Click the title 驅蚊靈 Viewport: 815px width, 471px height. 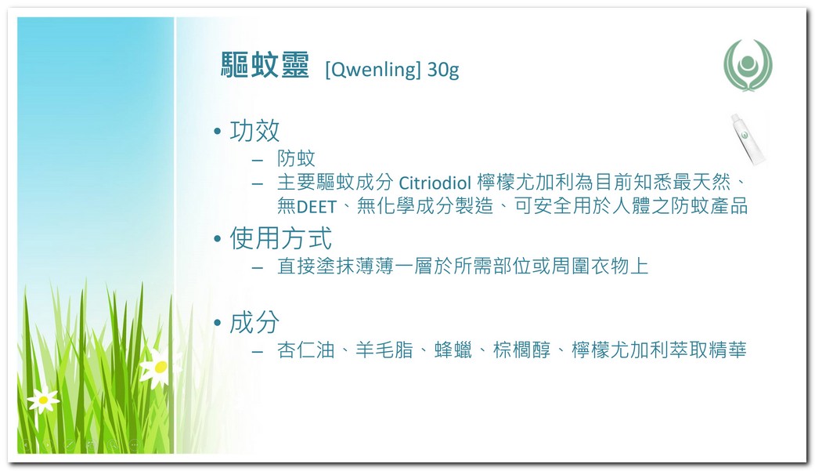[x=265, y=65]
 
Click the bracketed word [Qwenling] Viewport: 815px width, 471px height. [x=373, y=69]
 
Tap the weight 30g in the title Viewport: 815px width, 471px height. [x=443, y=70]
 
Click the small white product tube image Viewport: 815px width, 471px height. [x=748, y=139]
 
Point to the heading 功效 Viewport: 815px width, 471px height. [x=254, y=131]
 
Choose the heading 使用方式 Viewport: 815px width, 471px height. [x=281, y=238]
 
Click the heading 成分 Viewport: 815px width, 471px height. [x=254, y=322]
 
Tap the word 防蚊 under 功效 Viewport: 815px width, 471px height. [x=296, y=158]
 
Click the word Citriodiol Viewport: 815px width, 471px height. [x=435, y=183]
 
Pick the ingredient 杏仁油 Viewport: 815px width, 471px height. [x=306, y=350]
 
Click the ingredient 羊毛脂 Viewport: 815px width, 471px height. [x=384, y=350]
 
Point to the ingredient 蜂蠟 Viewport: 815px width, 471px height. [x=453, y=350]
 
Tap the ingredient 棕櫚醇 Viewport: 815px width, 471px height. [x=522, y=350]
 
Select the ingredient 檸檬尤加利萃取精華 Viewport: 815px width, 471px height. [x=659, y=350]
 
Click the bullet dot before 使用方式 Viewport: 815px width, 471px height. [x=218, y=239]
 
